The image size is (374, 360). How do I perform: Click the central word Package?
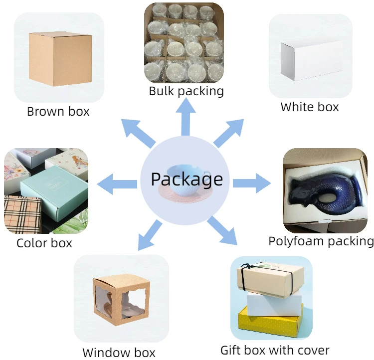(x=187, y=179)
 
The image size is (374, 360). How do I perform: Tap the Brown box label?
(x=58, y=111)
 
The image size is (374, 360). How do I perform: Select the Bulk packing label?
(x=186, y=91)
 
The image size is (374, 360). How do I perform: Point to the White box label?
(x=310, y=107)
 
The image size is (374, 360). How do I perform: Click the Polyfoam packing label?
(x=321, y=241)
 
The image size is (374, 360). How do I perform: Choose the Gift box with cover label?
(x=275, y=350)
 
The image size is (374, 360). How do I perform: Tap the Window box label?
(x=119, y=353)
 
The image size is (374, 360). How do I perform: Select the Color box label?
(x=44, y=243)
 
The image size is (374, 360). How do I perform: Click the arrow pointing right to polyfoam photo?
(x=252, y=182)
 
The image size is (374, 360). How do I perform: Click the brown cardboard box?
(x=60, y=58)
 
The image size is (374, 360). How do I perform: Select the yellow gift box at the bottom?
(x=270, y=320)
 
